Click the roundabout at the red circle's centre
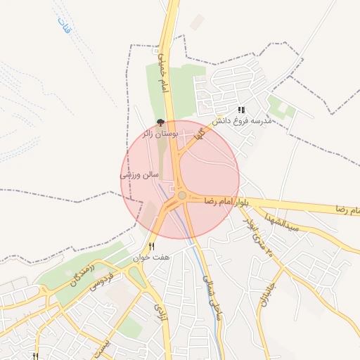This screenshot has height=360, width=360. (x=182, y=195)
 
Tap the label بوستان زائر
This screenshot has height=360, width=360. (x=160, y=132)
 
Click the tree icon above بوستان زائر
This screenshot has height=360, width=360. (x=160, y=122)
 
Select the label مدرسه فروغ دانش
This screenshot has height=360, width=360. (x=241, y=120)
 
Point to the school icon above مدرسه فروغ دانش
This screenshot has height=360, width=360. (x=241, y=110)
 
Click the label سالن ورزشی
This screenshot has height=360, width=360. (x=139, y=174)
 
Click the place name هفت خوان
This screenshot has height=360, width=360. (x=153, y=258)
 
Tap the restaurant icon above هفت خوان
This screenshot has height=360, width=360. (x=152, y=246)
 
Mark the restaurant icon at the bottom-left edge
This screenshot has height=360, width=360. (x=35, y=356)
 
